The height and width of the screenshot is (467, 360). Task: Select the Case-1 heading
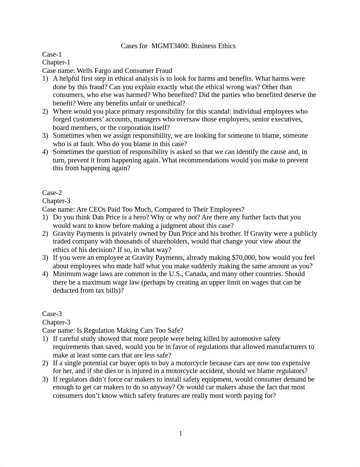tap(52, 54)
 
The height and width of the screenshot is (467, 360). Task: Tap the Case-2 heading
tap(52, 193)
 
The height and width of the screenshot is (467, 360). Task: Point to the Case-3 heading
tap(52, 314)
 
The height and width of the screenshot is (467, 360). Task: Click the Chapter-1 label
tap(56, 62)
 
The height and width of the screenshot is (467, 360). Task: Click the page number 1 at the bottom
tap(180, 433)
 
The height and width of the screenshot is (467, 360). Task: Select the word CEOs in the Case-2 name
tap(98, 209)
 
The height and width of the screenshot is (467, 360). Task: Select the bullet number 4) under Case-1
tap(45, 152)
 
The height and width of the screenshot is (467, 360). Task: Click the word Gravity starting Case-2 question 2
tap(63, 234)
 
